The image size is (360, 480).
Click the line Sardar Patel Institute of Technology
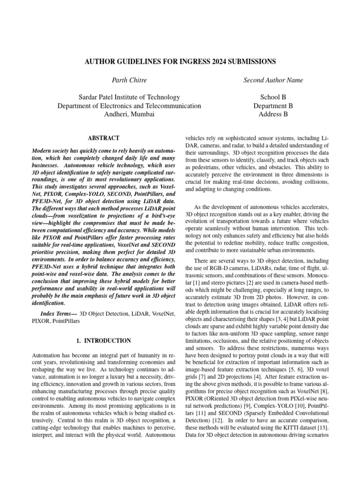coord(129,97)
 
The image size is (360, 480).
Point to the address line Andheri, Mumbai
coord(129,114)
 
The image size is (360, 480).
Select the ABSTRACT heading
coord(104,138)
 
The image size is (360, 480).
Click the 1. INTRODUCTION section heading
coord(104,340)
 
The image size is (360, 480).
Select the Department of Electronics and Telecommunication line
coord(129,106)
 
